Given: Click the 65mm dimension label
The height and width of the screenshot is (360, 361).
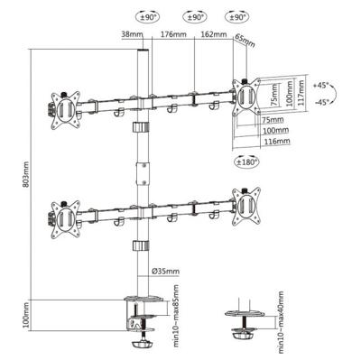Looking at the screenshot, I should click(244, 41).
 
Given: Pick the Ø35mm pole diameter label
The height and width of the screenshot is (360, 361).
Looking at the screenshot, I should click(165, 271).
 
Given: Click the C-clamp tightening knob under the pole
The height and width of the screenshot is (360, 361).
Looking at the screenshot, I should click(143, 344).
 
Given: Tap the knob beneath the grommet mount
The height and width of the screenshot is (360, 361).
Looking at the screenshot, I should click(242, 344).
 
